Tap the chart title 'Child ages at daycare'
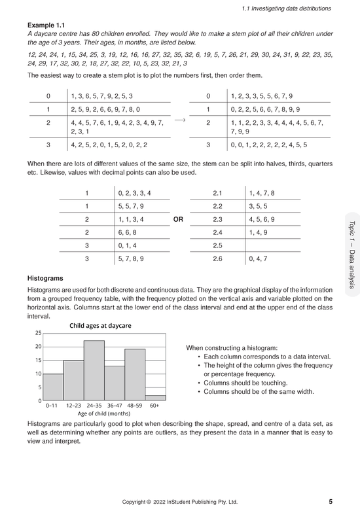pos(100,325)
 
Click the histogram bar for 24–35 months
pos(94,370)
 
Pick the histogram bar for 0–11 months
pos(54,387)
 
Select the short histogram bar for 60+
pos(154,397)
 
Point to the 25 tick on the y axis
pos(38,333)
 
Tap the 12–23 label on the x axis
pos(74,406)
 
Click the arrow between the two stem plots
pos(181,120)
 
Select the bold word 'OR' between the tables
pos(177,219)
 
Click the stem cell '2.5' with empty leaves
pos(218,246)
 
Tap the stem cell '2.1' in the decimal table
pos(218,193)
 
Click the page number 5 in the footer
pos(331,502)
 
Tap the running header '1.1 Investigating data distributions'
pos(287,8)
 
